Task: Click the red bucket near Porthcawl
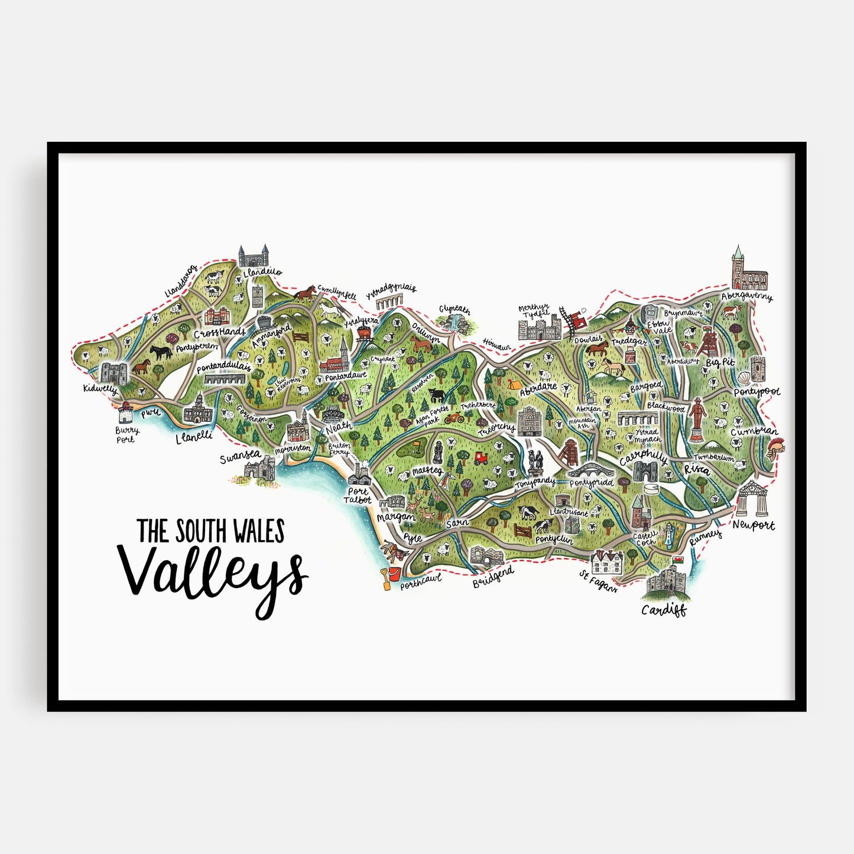click(x=393, y=573)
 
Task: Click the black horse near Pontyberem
click(x=160, y=352)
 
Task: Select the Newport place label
click(x=754, y=524)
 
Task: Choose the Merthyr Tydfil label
click(x=533, y=310)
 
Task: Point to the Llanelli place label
click(x=194, y=438)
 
